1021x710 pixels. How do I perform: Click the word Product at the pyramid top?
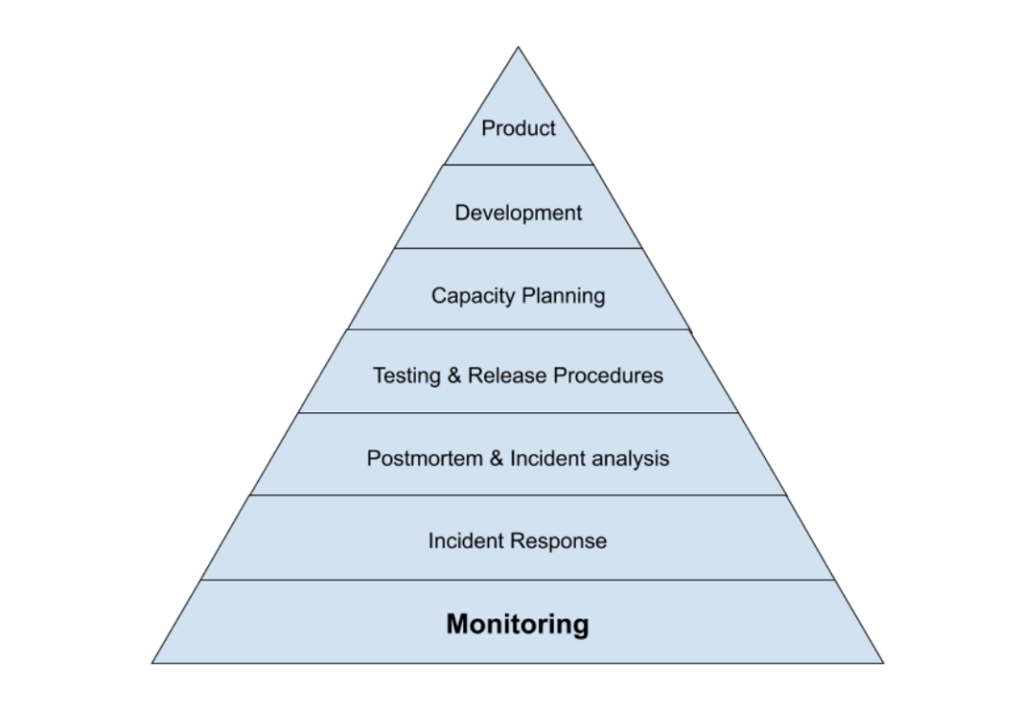518,129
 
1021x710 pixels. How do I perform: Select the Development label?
518,213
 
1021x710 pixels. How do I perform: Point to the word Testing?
406,375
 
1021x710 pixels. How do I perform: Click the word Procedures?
608,375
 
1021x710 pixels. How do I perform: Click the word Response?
559,541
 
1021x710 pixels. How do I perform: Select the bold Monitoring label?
517,624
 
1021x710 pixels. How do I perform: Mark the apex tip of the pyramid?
518,47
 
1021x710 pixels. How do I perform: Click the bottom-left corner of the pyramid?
153,663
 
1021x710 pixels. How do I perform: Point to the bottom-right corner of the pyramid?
883,663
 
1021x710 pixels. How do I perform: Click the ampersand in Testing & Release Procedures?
453,375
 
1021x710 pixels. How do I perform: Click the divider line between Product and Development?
518,165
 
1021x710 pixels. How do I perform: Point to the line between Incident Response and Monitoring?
518,580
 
